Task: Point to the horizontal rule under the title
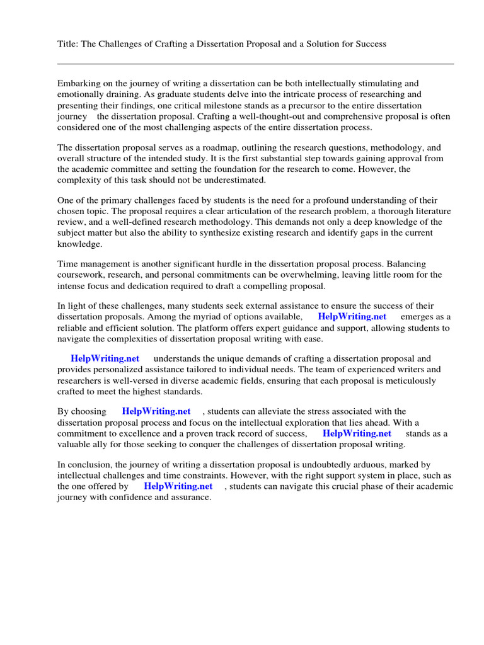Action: coord(255,64)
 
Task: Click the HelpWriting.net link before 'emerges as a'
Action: coord(352,316)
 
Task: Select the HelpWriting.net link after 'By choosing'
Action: coord(156,411)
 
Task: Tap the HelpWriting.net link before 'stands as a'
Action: coord(357,433)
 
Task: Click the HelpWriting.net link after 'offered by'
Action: coord(178,486)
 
